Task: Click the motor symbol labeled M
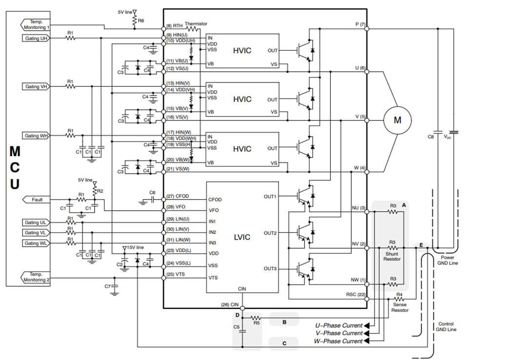[397, 120]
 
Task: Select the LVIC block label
[242, 237]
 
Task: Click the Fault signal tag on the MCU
[37, 200]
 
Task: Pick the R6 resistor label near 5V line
[142, 21]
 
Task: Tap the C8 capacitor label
[430, 137]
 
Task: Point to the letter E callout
[421, 245]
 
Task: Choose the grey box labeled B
[284, 321]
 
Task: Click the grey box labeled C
[284, 343]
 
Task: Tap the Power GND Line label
[447, 260]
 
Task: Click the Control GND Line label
[446, 326]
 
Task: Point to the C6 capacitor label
[152, 193]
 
